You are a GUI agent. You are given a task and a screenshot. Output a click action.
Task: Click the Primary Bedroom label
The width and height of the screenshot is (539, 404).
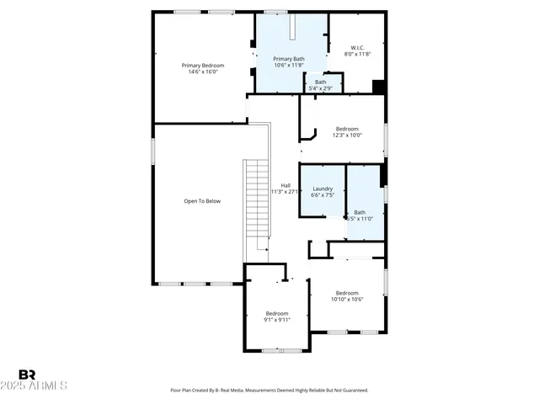tap(203, 65)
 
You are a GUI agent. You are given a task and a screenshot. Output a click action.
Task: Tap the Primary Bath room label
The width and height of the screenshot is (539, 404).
tap(289, 58)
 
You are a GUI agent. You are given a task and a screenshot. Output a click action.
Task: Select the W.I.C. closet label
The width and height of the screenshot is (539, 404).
tap(358, 47)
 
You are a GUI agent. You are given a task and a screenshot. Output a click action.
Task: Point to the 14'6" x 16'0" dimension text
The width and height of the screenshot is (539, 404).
tap(203, 72)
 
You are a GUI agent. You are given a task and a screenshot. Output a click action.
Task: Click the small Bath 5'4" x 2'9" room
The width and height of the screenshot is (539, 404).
tap(321, 85)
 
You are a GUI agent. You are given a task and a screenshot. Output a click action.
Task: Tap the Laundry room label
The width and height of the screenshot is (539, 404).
tap(323, 189)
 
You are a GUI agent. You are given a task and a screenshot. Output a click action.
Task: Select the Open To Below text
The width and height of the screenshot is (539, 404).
tap(202, 201)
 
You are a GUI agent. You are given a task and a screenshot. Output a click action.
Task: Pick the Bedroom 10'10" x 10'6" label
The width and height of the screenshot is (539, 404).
tap(346, 293)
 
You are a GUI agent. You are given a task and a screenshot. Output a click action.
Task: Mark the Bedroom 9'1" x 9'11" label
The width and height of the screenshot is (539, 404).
tap(276, 313)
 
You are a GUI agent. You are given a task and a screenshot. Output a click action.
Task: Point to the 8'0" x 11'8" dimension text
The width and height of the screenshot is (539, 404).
tap(358, 54)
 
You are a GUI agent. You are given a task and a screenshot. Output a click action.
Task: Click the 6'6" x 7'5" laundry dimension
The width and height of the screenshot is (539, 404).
tap(323, 195)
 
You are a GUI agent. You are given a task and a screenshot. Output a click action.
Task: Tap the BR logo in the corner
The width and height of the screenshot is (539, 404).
tap(27, 375)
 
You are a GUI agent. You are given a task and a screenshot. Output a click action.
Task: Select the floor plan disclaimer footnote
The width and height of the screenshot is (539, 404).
tap(269, 391)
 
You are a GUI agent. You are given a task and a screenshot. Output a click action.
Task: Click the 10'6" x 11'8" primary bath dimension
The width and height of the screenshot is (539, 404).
tap(289, 65)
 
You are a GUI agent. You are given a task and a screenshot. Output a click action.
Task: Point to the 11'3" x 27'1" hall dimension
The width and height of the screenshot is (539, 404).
tap(286, 192)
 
